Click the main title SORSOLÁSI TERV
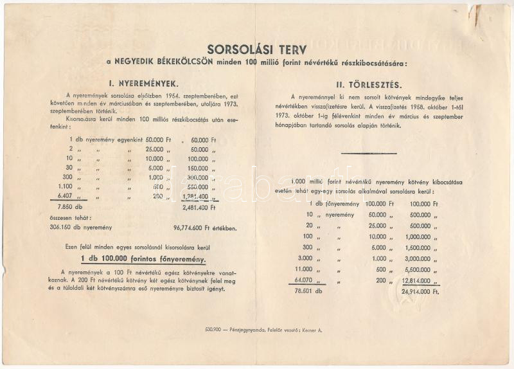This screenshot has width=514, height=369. [256, 49]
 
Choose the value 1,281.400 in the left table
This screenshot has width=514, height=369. [197, 196]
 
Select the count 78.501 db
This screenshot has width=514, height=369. [306, 291]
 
